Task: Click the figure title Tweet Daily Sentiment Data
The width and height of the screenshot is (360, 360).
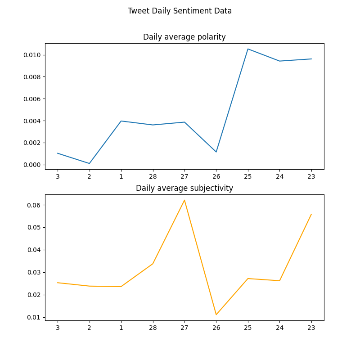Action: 180,11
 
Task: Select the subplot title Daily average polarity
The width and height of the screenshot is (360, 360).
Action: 184,37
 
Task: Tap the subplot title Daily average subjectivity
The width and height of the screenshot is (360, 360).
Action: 184,188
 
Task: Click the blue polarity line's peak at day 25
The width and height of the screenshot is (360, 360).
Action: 248,49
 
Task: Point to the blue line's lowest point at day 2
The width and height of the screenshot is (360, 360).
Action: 89,163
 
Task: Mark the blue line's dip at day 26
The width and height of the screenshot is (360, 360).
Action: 216,152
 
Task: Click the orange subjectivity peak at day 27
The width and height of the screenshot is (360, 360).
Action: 184,200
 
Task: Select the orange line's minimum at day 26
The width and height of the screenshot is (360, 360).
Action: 216,315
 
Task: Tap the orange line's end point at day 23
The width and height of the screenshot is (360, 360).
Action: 311,214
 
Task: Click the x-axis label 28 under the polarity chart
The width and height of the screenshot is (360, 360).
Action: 153,176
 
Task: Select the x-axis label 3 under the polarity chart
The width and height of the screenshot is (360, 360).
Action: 58,176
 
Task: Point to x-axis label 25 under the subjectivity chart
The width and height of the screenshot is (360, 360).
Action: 248,328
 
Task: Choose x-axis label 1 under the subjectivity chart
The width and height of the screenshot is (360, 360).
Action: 121,328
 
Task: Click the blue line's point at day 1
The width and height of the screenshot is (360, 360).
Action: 121,121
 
